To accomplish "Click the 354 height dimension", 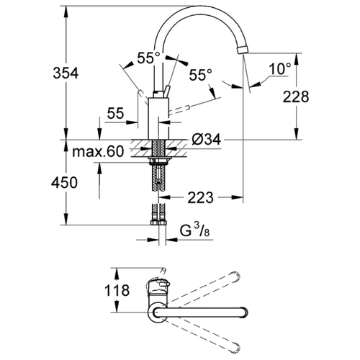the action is click(x=66, y=73).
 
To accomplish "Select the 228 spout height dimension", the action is click(x=296, y=97).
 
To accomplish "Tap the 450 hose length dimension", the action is click(x=64, y=182).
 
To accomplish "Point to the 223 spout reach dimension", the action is click(x=200, y=197).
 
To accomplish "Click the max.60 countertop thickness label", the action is click(x=98, y=151).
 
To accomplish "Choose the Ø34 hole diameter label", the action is click(x=206, y=139).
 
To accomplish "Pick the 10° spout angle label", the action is click(x=280, y=68).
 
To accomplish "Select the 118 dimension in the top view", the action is click(x=117, y=290).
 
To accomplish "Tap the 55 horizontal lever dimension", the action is click(x=115, y=113).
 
